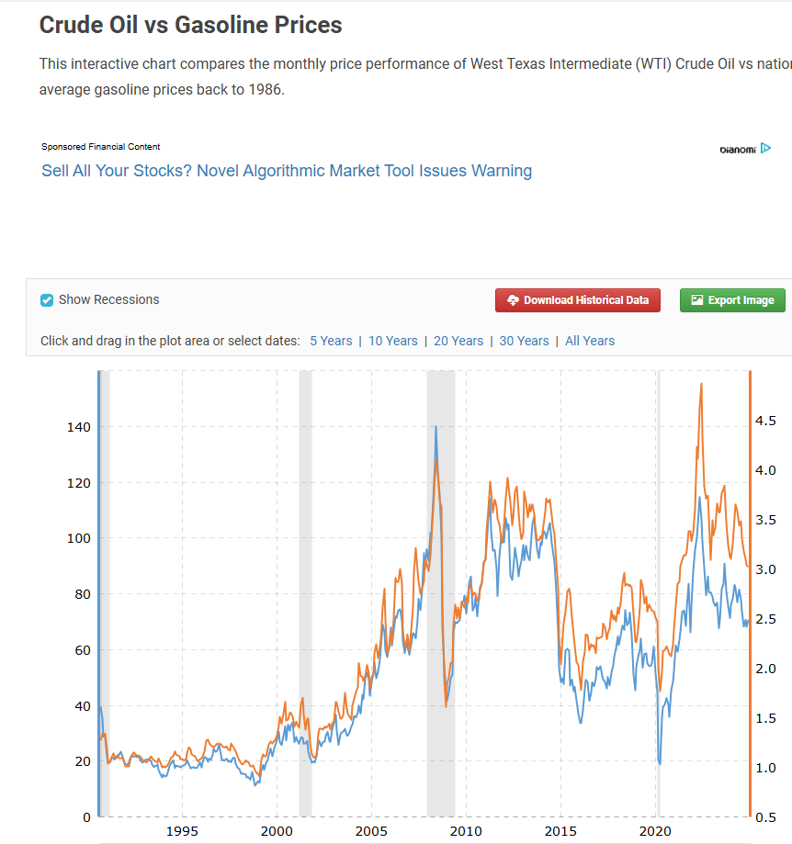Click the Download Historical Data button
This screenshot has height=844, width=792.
click(x=577, y=300)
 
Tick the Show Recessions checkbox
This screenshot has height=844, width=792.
click(x=47, y=300)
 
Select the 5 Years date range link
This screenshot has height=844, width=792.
click(x=331, y=341)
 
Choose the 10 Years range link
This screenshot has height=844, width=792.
click(x=393, y=341)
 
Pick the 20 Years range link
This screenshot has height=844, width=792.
click(x=458, y=341)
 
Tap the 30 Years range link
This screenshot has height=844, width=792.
click(x=524, y=341)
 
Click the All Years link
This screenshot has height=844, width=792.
click(x=590, y=341)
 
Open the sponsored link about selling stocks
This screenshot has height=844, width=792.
click(x=287, y=171)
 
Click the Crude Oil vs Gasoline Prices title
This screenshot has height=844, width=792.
click(x=191, y=25)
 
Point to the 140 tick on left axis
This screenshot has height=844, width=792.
click(x=77, y=427)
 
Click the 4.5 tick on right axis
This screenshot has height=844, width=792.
click(x=766, y=421)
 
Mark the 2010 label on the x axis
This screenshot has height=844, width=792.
click(x=467, y=831)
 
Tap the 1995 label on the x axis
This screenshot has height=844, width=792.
click(x=183, y=831)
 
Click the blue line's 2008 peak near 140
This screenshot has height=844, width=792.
click(x=436, y=426)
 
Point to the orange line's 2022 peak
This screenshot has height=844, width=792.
click(x=701, y=384)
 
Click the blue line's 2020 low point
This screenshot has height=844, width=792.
click(x=661, y=762)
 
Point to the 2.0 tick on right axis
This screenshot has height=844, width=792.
click(x=766, y=669)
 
